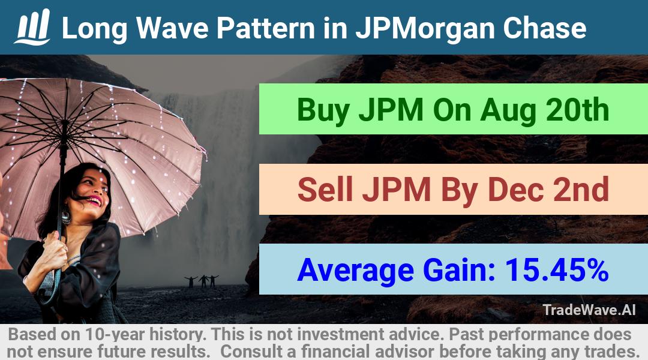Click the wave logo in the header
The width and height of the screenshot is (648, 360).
click(x=32, y=27)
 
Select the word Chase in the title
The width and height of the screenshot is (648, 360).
click(x=544, y=28)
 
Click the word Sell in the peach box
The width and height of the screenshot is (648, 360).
click(x=325, y=189)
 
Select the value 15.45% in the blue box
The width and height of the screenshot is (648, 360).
click(x=557, y=269)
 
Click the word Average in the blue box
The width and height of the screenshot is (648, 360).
click(x=355, y=271)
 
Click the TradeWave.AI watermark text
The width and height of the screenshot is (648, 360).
click(x=589, y=310)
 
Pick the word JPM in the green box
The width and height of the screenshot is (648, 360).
click(x=391, y=110)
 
